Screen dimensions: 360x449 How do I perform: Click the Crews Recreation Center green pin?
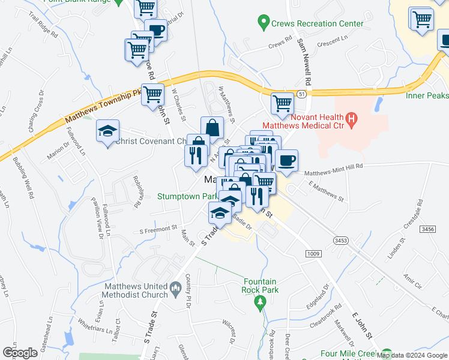[x=263, y=24]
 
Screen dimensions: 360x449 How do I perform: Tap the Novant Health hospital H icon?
[x=352, y=121]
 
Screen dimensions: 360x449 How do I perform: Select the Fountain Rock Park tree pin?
[x=259, y=300]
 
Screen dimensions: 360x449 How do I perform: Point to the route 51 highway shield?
[x=302, y=94]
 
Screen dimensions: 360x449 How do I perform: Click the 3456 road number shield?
[x=428, y=229]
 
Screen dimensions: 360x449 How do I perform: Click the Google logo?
[x=20, y=352]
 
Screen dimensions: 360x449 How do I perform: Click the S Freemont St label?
[x=158, y=229]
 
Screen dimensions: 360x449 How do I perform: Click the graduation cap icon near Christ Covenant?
[x=108, y=131]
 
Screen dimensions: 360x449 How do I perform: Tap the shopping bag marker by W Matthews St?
[x=212, y=128]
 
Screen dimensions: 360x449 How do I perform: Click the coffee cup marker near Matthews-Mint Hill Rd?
[x=286, y=161]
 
